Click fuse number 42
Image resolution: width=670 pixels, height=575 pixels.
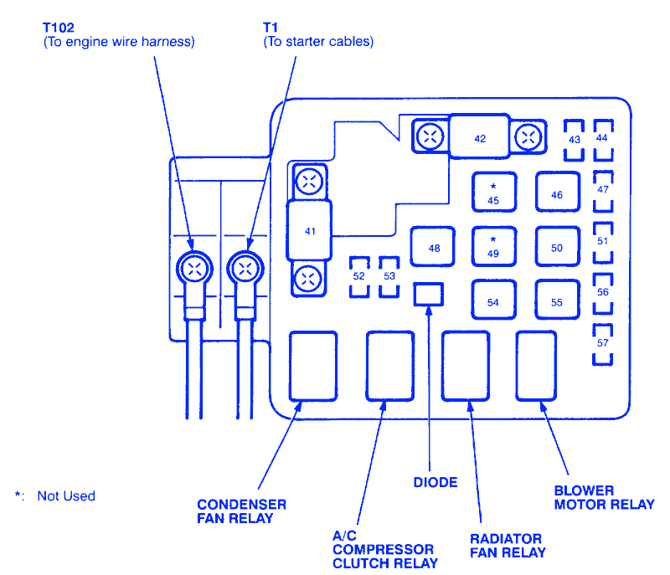479,137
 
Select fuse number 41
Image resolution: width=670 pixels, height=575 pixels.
310,229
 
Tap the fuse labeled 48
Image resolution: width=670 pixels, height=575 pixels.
433,248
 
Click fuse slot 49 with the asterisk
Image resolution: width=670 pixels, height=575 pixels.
493,248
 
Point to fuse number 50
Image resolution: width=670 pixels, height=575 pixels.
557,248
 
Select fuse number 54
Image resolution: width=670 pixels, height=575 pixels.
493,301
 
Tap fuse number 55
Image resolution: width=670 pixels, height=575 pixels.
557,301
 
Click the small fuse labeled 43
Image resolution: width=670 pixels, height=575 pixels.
574,140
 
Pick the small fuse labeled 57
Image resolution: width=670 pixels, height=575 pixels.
603,343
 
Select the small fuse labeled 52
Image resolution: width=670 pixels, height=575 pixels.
358,276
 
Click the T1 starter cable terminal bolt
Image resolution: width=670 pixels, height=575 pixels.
245,269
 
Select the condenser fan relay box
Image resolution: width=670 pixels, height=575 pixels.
313,366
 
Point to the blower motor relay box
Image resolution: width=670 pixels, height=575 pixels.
537,366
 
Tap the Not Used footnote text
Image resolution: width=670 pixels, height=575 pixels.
66,496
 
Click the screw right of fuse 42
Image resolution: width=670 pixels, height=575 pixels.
528,136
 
